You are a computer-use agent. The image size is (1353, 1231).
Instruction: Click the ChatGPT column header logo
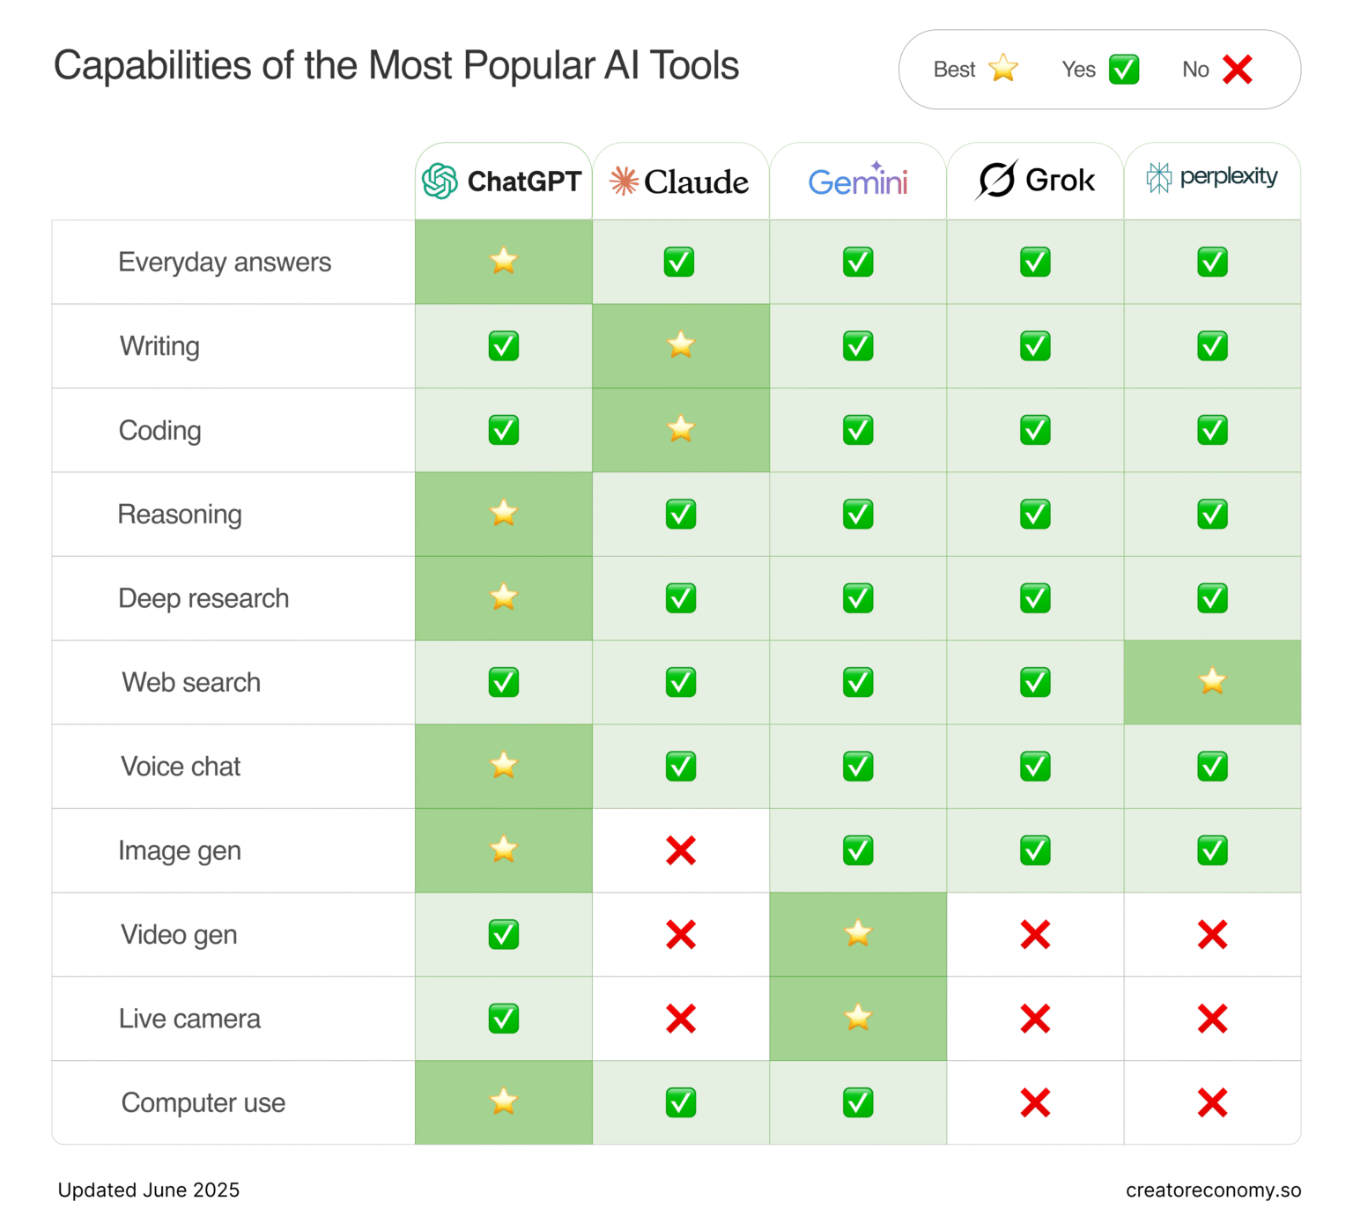point(440,182)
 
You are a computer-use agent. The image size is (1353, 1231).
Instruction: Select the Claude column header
point(680,182)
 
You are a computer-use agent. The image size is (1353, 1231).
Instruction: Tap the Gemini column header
point(858,182)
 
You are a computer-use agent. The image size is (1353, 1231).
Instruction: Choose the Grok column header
point(1036,181)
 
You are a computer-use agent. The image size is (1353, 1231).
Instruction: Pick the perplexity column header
point(1212,177)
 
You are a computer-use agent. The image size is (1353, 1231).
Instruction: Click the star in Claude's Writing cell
point(681,345)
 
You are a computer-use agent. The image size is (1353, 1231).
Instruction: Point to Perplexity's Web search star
point(1213,681)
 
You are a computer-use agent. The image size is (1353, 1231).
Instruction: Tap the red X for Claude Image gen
point(681,850)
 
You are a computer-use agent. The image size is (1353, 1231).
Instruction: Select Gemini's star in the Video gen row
point(858,933)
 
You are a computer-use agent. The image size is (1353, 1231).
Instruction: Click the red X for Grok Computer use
point(1036,1102)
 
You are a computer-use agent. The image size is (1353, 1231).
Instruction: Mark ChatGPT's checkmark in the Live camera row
point(504,1019)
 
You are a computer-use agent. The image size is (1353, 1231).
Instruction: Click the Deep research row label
point(203,598)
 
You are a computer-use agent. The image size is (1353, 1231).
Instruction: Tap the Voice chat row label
point(181,767)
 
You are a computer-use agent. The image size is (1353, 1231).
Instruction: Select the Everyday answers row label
point(225,263)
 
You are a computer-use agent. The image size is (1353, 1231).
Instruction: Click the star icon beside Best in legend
point(1003,69)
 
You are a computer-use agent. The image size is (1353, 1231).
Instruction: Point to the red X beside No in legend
point(1238,70)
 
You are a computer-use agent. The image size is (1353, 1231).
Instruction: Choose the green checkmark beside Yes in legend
point(1124,70)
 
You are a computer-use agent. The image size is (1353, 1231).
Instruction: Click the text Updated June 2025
point(149,1190)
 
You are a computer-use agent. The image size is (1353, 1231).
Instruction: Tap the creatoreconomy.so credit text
point(1213,1190)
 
